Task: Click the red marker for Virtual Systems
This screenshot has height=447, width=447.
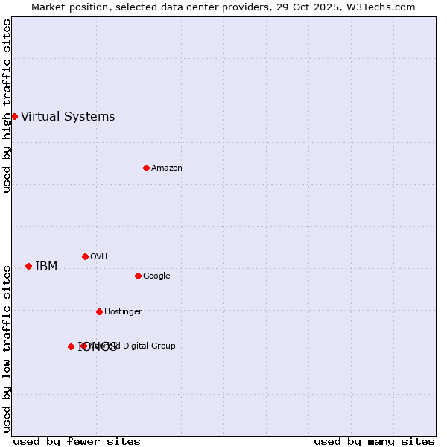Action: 14,116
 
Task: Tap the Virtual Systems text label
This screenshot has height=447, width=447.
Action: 68,116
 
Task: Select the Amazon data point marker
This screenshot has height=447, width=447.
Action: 146,168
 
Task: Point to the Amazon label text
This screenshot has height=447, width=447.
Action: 167,168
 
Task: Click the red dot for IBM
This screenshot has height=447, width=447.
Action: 28,266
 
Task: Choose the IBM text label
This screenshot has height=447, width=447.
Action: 46,267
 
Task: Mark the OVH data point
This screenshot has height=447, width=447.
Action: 85,256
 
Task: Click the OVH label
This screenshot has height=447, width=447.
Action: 99,257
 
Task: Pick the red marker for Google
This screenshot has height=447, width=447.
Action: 138,276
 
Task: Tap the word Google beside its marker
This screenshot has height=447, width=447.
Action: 156,276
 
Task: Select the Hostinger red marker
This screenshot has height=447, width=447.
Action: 99,311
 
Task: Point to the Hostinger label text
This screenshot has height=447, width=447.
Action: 123,312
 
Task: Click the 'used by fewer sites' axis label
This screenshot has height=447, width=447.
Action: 77,442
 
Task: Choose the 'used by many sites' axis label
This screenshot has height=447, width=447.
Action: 374,442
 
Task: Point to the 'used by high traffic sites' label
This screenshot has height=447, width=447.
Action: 7,106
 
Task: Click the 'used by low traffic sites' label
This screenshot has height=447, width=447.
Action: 7,349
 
